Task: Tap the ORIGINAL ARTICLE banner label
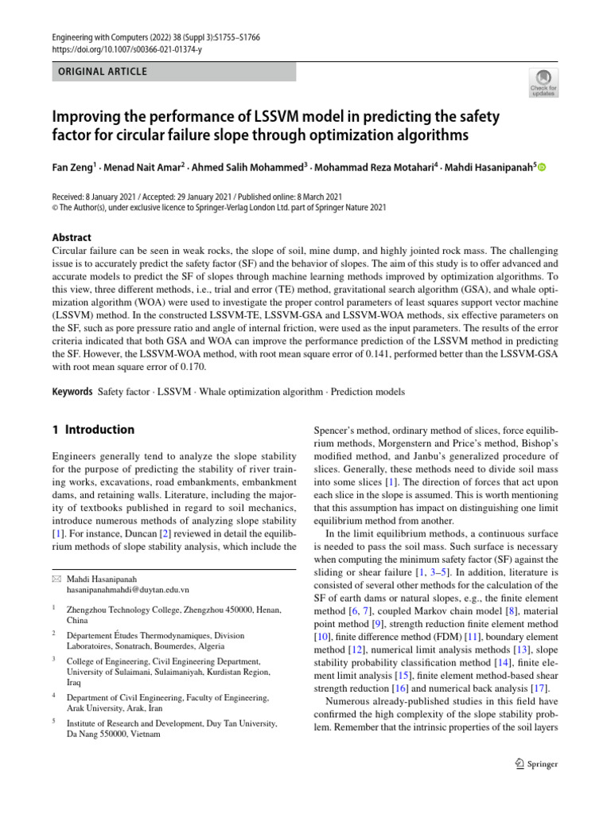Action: coord(100,72)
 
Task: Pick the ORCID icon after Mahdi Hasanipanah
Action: coord(543,167)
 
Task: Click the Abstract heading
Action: coord(71,237)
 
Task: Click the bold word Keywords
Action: coord(72,392)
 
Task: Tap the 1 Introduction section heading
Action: coord(93,430)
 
